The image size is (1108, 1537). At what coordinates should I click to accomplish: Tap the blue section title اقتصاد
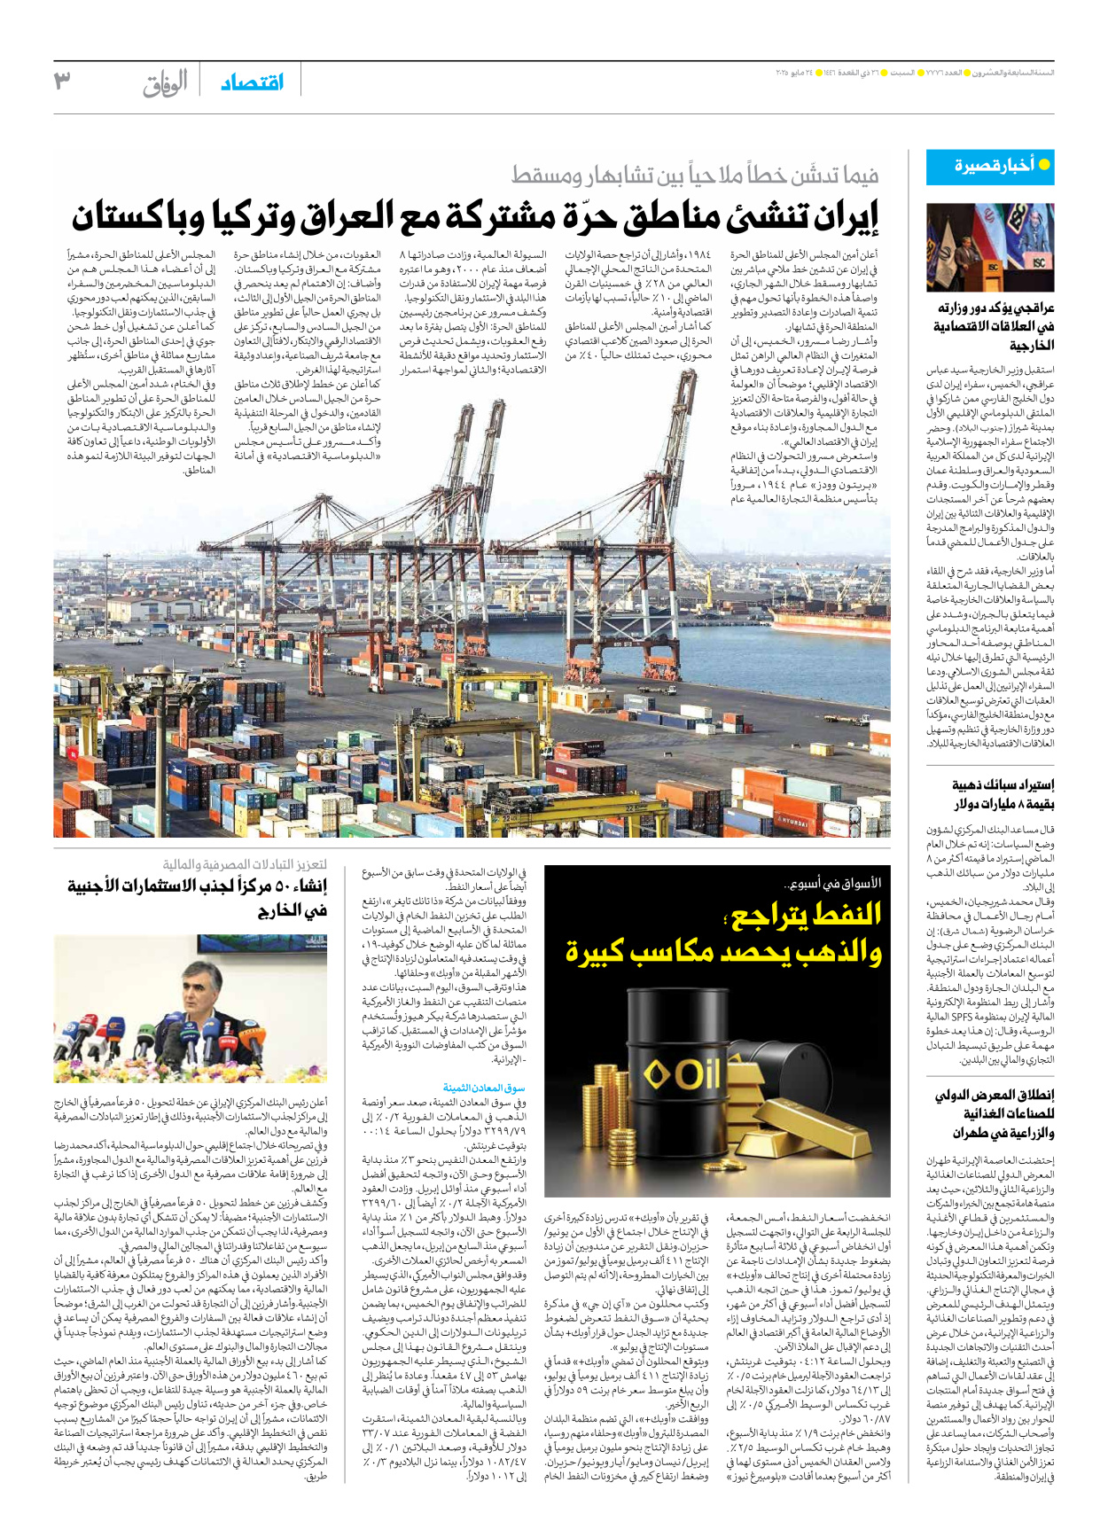253,82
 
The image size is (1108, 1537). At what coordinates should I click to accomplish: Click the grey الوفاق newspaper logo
165,83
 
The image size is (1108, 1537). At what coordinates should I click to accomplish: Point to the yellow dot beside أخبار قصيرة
1044,165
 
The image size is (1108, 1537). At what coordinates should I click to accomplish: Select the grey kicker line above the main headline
695,176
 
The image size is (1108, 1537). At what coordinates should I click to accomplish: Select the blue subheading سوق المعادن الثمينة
484,1087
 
